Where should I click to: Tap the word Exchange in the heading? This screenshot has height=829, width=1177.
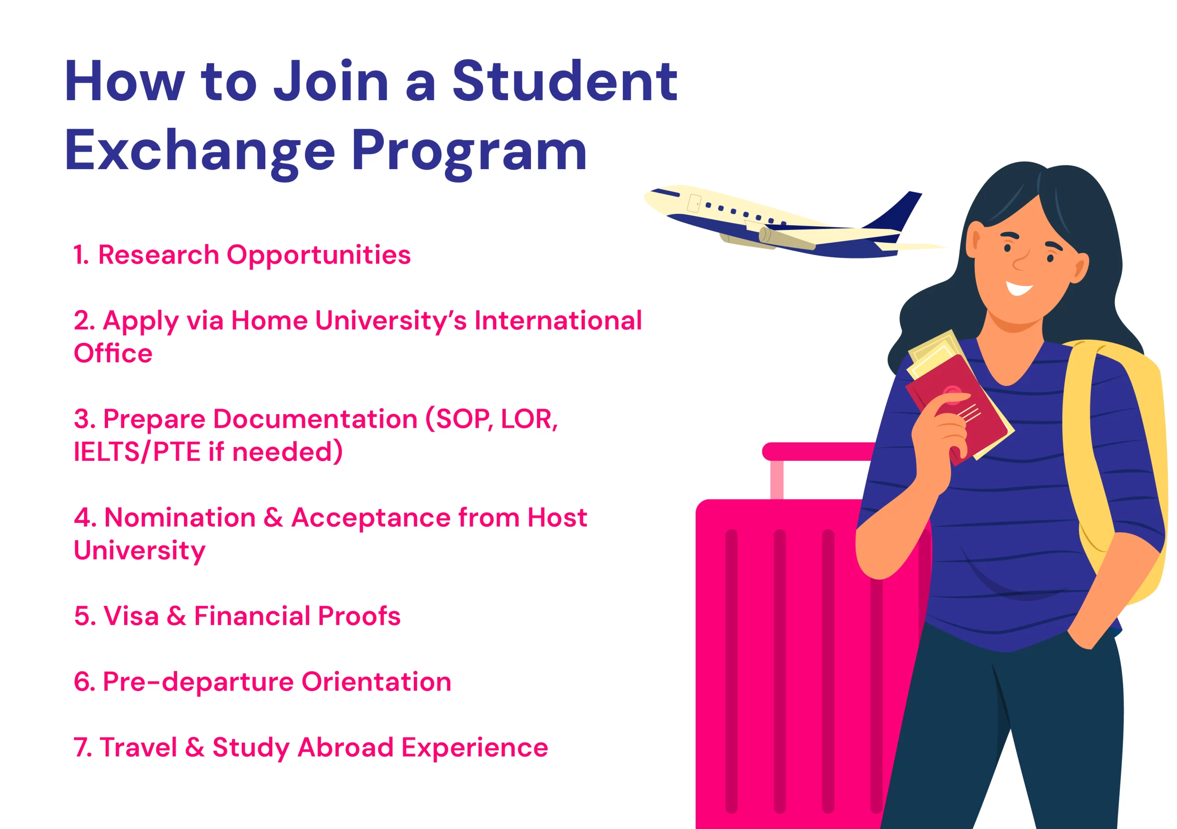pos(200,150)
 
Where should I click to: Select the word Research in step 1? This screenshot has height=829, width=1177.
pos(159,255)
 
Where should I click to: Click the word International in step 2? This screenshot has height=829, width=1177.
pos(558,320)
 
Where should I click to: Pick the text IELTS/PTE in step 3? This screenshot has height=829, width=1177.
pos(137,452)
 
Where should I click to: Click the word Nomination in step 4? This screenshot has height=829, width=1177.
pos(180,517)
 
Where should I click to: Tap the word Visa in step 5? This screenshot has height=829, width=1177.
pos(131,616)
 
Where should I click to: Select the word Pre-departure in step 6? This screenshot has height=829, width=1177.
pos(198,682)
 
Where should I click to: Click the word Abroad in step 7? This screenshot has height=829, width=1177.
pos(345,747)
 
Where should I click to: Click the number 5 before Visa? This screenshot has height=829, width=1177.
pos(83,616)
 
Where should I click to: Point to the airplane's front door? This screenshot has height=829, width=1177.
pos(694,204)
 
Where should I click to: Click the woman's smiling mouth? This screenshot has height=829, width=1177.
pos(1019,288)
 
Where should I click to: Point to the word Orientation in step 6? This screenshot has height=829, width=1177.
pos(376,682)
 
